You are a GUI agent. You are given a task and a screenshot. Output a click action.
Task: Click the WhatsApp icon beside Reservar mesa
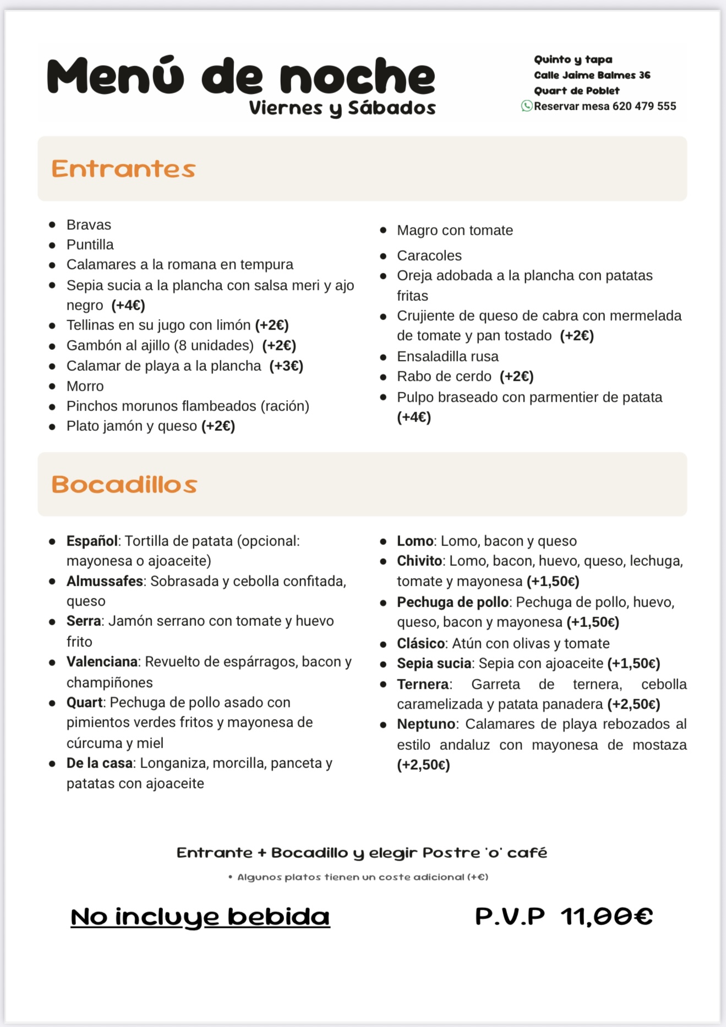527,106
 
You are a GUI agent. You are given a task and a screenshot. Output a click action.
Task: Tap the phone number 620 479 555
644,106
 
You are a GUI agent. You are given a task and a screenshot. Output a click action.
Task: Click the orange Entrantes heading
123,169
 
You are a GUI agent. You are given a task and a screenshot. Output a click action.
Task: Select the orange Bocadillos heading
124,484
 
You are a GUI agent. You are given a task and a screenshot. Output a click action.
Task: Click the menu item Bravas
89,225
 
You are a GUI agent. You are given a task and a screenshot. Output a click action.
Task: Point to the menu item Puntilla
90,245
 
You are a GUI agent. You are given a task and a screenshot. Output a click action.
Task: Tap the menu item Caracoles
429,256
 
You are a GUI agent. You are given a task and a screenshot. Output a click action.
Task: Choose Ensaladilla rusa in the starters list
447,356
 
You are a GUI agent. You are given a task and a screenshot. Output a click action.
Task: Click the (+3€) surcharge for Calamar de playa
286,366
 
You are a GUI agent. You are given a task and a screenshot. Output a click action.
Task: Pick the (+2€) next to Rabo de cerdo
517,376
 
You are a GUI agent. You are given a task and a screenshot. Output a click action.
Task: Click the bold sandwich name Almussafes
105,581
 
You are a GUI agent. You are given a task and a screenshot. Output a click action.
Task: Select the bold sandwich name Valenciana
102,662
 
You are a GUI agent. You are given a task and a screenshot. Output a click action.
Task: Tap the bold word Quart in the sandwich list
84,702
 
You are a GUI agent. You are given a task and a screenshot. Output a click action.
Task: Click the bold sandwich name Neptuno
426,724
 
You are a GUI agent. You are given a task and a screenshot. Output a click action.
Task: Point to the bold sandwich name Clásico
421,644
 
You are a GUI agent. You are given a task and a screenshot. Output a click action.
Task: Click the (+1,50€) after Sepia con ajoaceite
634,663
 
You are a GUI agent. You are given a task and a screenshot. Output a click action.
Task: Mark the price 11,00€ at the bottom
607,917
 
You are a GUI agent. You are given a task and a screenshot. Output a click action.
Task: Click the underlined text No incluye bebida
200,917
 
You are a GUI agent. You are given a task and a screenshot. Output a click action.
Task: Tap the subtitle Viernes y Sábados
342,108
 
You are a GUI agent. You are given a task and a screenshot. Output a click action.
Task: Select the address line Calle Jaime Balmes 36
592,75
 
